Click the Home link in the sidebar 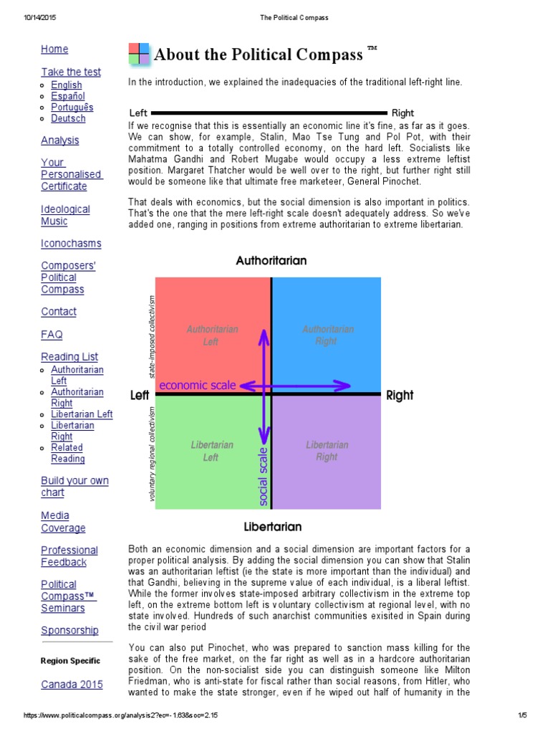point(54,49)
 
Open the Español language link point(67,96)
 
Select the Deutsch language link point(68,118)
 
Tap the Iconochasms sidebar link point(71,243)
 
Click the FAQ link point(52,334)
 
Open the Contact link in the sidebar point(59,311)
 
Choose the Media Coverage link point(63,522)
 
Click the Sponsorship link point(69,630)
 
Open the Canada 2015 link point(72,685)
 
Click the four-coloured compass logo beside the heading point(139,54)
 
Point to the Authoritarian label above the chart point(271,261)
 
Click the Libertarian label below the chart point(272,527)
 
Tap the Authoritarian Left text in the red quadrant point(212,335)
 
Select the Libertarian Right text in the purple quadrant point(327,451)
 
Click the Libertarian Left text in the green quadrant point(212,451)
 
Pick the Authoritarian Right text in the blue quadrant point(327,335)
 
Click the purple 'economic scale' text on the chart point(197,385)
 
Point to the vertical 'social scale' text point(263,476)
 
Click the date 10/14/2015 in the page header point(32,18)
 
